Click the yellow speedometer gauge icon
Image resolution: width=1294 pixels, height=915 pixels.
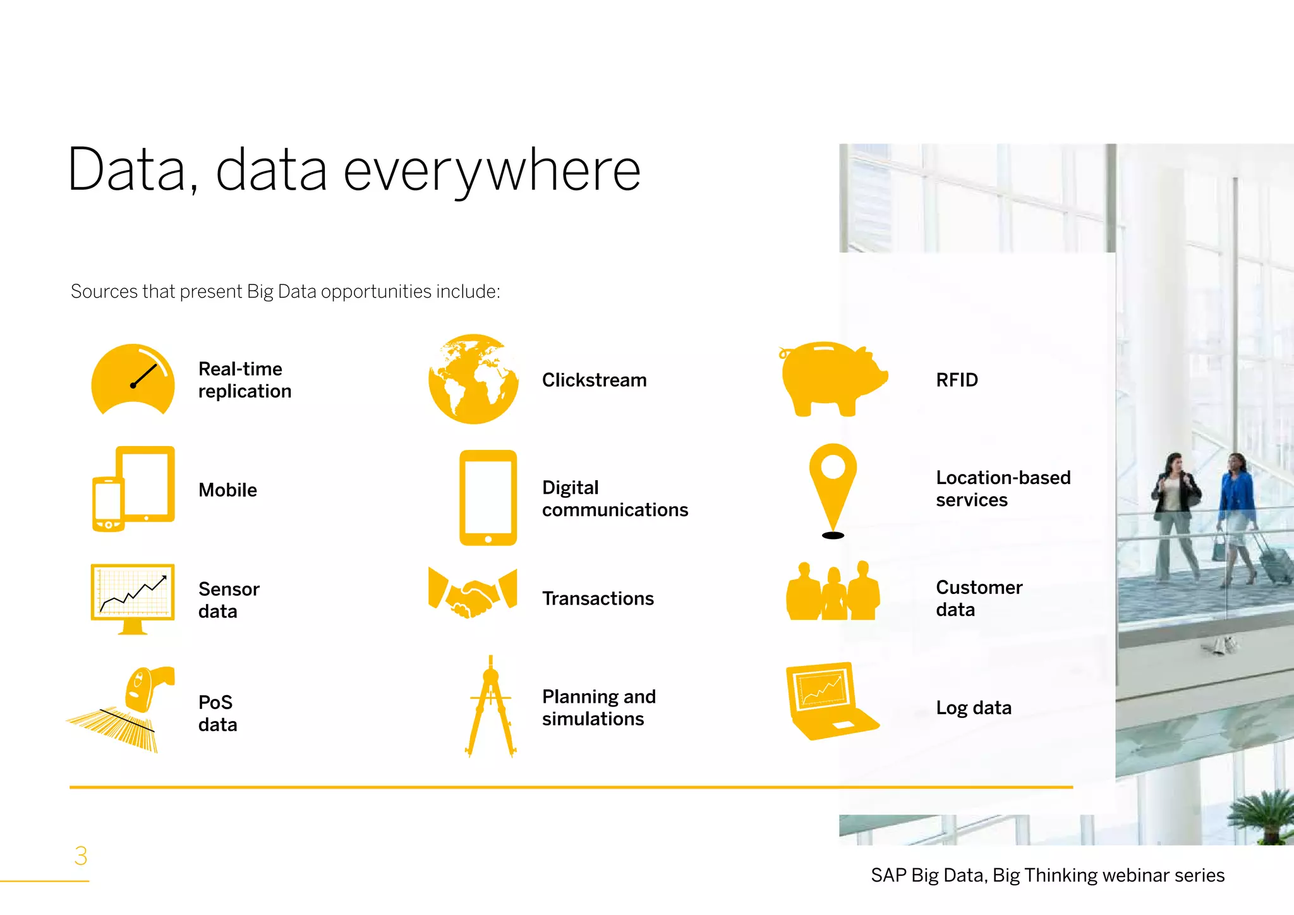click(133, 379)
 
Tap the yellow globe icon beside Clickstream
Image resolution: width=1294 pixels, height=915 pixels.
click(473, 379)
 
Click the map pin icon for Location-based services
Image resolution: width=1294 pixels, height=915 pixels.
click(833, 483)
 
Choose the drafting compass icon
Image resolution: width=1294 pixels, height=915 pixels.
click(490, 706)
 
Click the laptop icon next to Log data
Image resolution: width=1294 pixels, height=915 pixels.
click(829, 701)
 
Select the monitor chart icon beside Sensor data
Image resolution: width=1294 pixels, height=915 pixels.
click(133, 598)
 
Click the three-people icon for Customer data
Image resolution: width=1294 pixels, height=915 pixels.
click(833, 592)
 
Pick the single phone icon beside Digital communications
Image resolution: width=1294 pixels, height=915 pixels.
click(488, 498)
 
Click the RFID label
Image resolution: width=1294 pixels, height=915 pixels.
click(957, 380)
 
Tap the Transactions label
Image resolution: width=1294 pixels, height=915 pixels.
click(598, 598)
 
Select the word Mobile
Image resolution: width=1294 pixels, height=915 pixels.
click(227, 490)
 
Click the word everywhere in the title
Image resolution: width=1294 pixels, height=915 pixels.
click(492, 171)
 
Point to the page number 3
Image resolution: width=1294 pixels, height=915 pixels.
click(81, 856)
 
